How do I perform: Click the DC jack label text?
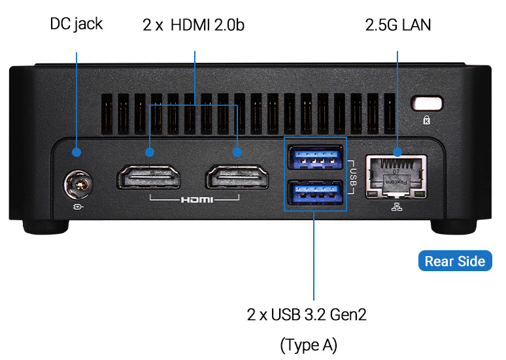tap(76, 25)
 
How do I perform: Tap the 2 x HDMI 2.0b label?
tap(194, 25)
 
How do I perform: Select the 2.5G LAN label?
tap(398, 25)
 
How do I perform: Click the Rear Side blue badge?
tap(454, 261)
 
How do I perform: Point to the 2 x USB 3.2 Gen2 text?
tap(307, 315)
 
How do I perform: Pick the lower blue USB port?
tap(316, 192)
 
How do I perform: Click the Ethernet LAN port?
tap(397, 176)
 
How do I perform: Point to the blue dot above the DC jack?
tap(76, 152)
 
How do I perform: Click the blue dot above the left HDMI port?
tap(149, 152)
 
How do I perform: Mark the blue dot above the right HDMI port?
tap(237, 152)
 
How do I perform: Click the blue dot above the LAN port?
tap(397, 152)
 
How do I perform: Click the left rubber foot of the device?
tap(45, 225)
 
